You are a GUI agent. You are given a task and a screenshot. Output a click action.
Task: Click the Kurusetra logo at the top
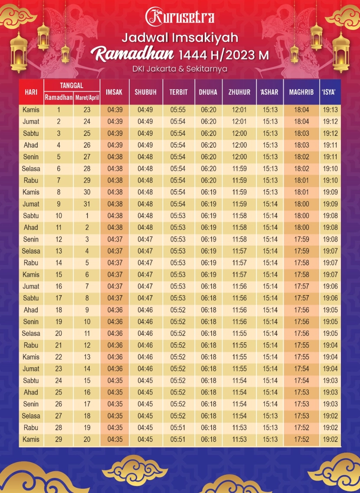coord(180,16)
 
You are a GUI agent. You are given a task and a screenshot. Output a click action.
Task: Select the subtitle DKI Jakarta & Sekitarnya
coord(180,69)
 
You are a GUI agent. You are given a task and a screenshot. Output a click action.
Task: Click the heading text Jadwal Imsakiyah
coord(180,38)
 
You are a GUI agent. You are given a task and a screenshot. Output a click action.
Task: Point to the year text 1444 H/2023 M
coord(223,56)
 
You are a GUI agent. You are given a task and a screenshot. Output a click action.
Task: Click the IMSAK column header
coord(115,92)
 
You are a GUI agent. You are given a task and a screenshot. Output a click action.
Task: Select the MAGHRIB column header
coord(301,92)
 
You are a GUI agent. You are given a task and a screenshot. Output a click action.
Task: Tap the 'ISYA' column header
coord(330,92)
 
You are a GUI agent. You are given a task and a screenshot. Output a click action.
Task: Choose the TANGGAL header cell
coord(72,86)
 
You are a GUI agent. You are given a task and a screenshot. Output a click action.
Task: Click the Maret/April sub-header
coord(87,98)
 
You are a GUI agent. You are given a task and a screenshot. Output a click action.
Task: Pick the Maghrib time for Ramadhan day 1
coord(301,110)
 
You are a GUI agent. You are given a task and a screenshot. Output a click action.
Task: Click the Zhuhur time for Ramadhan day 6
coord(239,169)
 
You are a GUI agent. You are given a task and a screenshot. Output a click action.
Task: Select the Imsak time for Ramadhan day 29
coord(115,439)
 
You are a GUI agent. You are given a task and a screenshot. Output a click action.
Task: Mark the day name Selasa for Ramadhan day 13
coord(31,251)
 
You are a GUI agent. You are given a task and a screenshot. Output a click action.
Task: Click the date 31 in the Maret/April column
coord(87,204)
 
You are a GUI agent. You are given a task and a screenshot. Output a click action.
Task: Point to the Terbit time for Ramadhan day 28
coord(178,427)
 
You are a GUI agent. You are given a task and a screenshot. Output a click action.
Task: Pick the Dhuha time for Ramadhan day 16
coord(209,286)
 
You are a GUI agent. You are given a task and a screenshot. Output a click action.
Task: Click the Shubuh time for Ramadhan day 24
coord(145,381)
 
